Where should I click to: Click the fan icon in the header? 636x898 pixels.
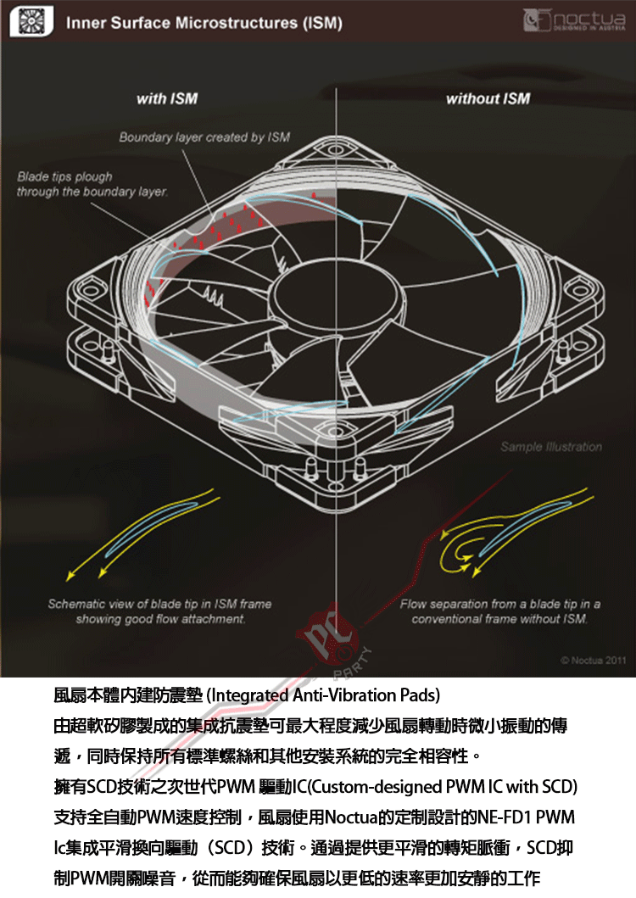tap(32, 22)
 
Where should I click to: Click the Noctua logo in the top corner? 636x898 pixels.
tap(574, 20)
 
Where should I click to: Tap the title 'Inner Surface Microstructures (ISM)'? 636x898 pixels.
tap(204, 23)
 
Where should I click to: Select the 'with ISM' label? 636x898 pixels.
tap(167, 98)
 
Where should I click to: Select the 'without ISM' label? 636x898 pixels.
tap(488, 98)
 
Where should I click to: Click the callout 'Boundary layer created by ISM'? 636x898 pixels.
tap(204, 137)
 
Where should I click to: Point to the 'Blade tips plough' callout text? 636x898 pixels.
tap(64, 177)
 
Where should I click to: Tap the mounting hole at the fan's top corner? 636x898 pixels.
tap(335, 150)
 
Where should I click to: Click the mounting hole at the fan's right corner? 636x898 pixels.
tap(579, 285)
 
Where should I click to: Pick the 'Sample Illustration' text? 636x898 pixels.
tap(551, 447)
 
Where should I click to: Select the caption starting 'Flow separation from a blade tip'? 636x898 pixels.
tap(499, 611)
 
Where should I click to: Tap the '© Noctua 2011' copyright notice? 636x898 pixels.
tap(593, 661)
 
